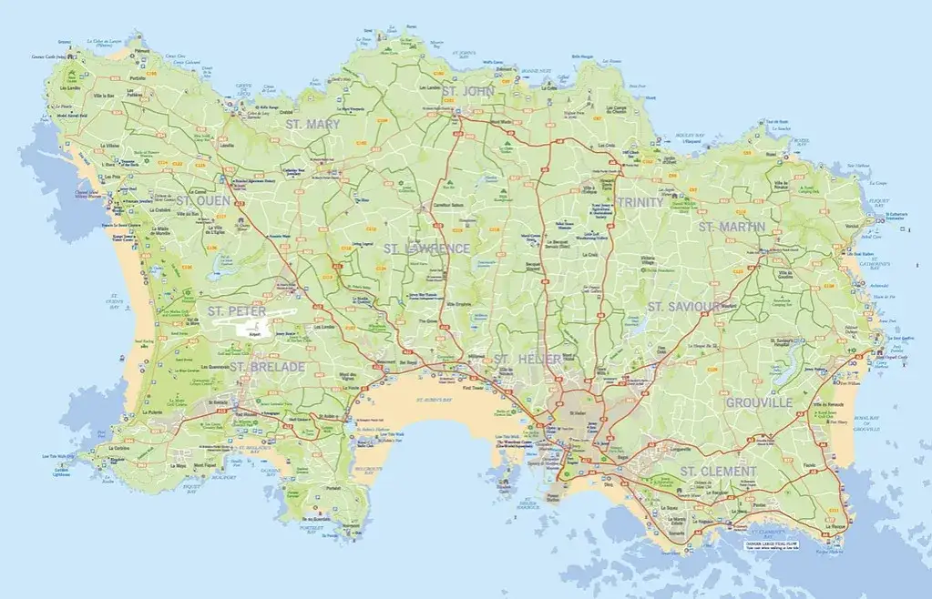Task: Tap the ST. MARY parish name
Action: tap(312, 124)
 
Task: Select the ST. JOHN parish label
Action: tap(466, 92)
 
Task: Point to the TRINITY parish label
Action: tap(640, 202)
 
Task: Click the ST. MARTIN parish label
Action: tap(732, 226)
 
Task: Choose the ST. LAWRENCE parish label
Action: tap(426, 249)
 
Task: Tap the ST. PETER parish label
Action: tap(236, 311)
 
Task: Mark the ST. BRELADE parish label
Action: tap(267, 367)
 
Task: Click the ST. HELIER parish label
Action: tap(527, 360)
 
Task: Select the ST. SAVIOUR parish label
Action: tap(685, 307)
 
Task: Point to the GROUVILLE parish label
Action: tap(760, 401)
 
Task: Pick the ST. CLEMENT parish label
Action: tap(719, 472)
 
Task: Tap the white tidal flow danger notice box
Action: tap(776, 544)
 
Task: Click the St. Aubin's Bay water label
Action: tap(435, 400)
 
